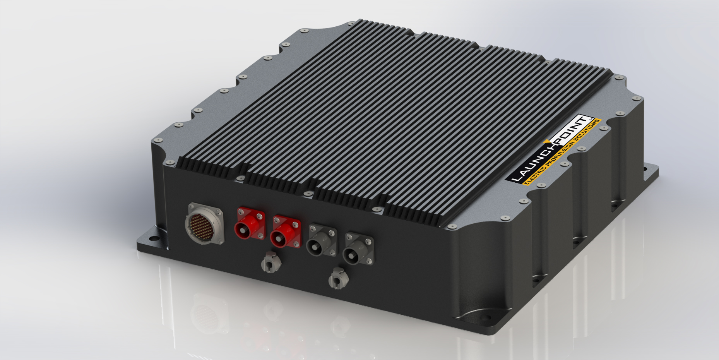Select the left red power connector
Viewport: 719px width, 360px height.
click(x=250, y=223)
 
